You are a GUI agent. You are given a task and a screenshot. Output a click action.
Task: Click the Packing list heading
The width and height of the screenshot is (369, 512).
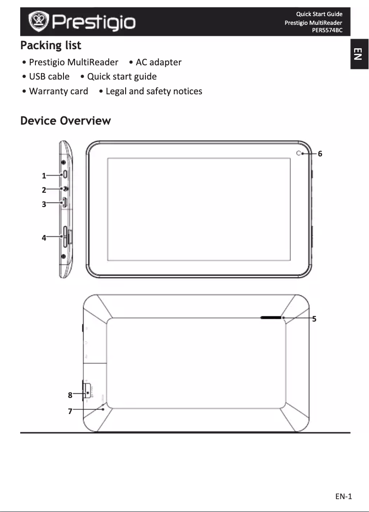click(x=51, y=46)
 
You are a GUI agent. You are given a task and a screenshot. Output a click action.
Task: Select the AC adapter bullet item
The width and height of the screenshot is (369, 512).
click(x=158, y=62)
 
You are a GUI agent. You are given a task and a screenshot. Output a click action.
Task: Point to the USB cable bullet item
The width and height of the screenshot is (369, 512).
click(x=49, y=76)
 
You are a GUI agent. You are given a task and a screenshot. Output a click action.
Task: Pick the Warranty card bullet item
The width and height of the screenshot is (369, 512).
click(x=58, y=91)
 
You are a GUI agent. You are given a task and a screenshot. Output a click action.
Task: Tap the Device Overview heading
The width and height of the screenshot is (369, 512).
click(x=65, y=121)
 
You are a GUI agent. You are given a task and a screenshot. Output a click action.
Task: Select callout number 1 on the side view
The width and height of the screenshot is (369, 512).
click(x=44, y=175)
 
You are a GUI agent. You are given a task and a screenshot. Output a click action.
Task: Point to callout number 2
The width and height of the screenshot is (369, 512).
click(x=44, y=190)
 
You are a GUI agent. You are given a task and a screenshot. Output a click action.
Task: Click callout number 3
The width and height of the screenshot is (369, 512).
click(x=44, y=204)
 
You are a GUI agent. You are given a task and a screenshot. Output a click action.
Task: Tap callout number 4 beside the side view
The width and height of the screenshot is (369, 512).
click(x=44, y=238)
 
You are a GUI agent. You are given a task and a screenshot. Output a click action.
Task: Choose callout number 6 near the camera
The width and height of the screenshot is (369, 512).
click(x=320, y=154)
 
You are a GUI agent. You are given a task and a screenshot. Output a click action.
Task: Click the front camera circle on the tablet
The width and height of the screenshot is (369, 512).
click(x=299, y=154)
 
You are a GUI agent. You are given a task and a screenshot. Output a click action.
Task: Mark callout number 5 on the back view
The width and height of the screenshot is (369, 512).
click(x=314, y=318)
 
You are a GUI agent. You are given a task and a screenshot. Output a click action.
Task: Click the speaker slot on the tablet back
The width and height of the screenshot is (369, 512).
click(x=271, y=317)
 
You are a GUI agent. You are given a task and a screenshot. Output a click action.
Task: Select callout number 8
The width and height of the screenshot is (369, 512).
click(x=70, y=395)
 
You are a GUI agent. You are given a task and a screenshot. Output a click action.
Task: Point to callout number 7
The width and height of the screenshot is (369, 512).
click(x=70, y=411)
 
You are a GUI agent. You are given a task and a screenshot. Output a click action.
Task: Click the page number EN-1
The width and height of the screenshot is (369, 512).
click(x=343, y=496)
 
